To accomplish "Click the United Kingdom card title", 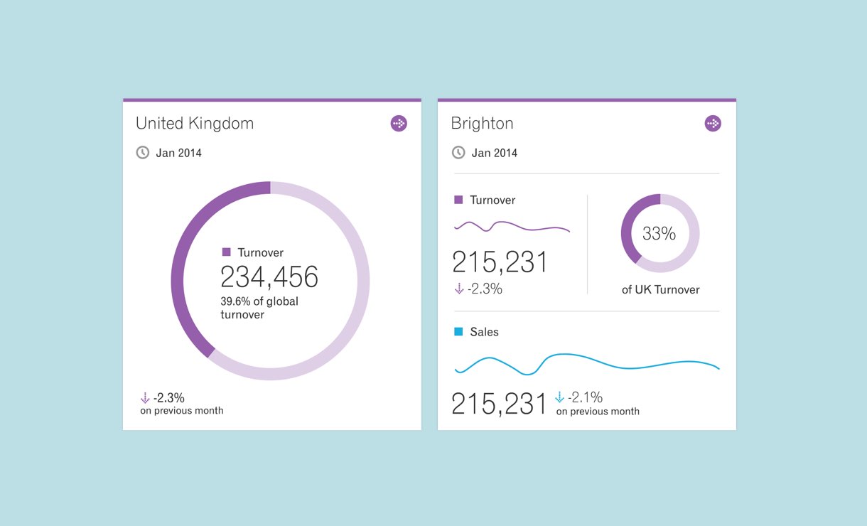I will pos(194,124).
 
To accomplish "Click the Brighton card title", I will pos(482,124).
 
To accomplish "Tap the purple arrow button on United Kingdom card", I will pos(399,124).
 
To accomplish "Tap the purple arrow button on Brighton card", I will pos(713,124).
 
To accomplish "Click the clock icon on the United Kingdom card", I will pos(143,153).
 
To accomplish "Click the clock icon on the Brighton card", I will pos(458,153).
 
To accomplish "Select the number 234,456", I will pos(269,277).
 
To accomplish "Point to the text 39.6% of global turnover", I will pos(259,308).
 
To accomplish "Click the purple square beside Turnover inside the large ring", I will pos(227,252).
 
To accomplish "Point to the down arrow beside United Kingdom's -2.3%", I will pos(145,398).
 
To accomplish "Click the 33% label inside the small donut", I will pos(659,233).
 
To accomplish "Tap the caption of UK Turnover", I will pos(660,289).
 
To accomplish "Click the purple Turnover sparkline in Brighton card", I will pos(512,227).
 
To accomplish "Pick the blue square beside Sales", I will pos(458,332).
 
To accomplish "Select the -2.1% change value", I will pos(586,397).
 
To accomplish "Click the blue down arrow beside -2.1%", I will pos(559,397).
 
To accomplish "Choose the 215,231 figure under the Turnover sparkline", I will pos(500,262).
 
